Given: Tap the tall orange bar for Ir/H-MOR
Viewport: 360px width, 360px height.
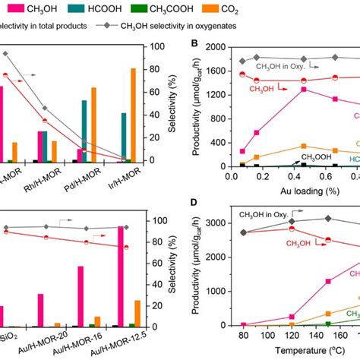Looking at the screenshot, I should (155, 115).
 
